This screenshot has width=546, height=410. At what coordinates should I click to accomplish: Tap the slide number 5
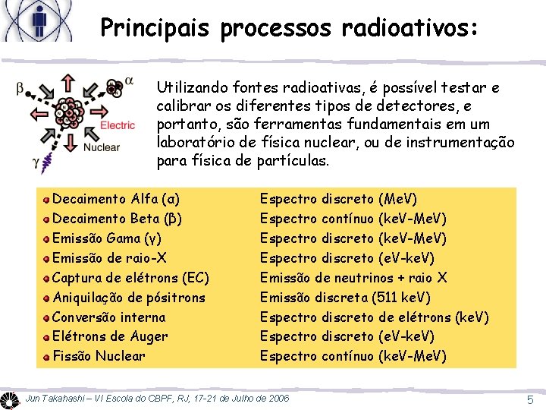tap(531, 399)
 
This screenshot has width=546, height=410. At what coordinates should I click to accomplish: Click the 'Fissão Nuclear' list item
tap(99, 355)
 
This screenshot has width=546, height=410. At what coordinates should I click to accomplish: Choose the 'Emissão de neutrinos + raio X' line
tap(353, 277)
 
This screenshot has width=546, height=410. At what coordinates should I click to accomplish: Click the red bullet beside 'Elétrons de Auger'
tap(47, 336)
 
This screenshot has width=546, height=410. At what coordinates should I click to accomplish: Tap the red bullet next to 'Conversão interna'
tap(47, 317)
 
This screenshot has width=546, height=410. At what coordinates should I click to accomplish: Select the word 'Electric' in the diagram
tap(118, 125)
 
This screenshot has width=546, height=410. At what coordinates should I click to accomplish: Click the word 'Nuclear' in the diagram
tap(101, 147)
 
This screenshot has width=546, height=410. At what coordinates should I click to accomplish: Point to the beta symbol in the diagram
tap(20, 90)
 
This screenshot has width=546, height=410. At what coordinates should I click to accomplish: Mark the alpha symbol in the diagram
tap(129, 80)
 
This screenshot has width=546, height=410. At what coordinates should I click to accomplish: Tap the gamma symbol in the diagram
tap(36, 161)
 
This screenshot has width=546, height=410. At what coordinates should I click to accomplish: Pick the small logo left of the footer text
tap(11, 399)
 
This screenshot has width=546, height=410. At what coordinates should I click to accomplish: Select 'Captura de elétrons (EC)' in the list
tap(130, 277)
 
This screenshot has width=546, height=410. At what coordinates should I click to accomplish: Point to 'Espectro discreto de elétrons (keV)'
tap(374, 317)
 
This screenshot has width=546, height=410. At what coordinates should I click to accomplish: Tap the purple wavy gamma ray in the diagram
tap(49, 159)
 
